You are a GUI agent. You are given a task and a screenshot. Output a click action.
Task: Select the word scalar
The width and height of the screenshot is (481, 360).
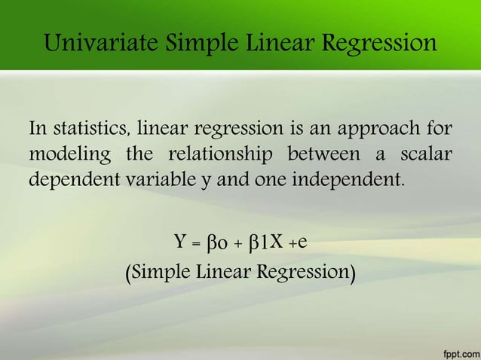coord(425,155)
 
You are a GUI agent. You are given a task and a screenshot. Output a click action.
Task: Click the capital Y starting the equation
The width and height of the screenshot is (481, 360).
coord(181,243)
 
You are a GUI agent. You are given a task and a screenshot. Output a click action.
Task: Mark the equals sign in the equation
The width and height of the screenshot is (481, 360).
coord(196,244)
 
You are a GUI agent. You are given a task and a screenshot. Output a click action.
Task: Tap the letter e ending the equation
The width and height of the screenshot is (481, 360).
coord(301,243)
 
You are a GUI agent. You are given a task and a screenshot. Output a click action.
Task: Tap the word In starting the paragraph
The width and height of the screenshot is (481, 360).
coord(38,130)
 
